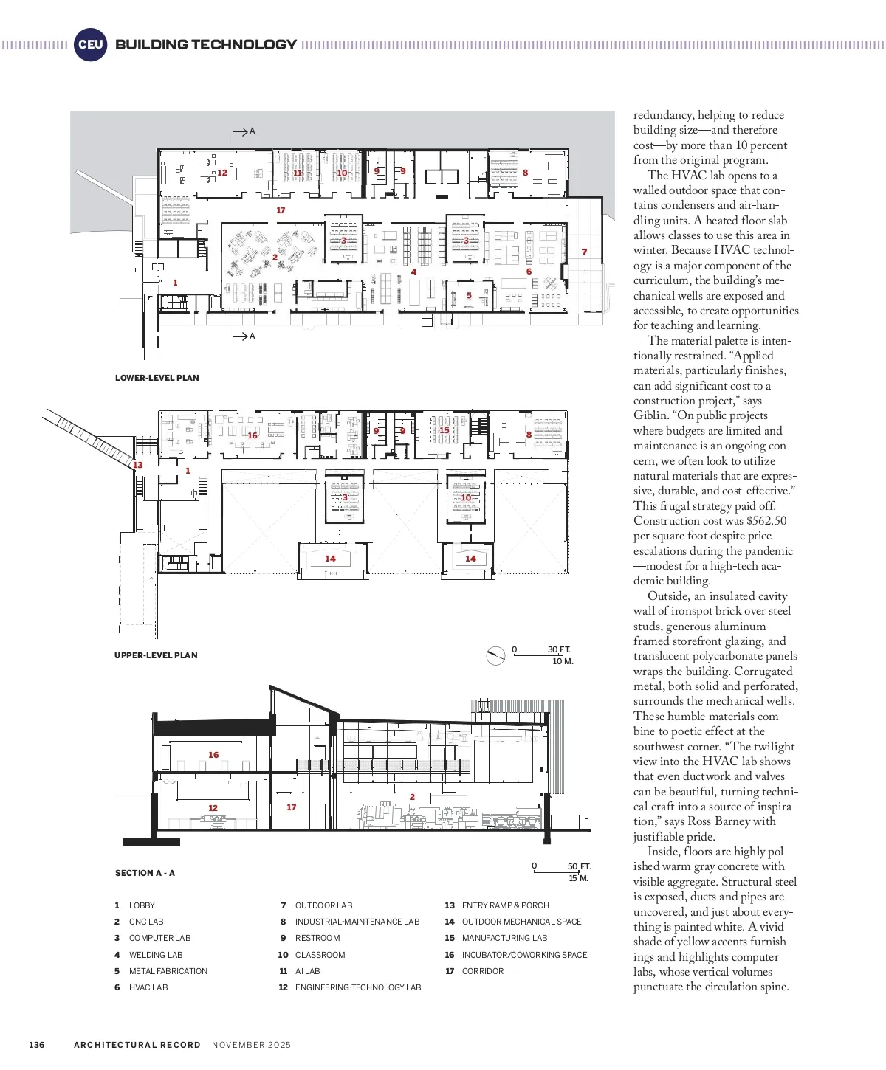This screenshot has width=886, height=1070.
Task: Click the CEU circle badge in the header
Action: tap(90, 44)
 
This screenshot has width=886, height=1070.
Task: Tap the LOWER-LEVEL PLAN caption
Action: tap(157, 378)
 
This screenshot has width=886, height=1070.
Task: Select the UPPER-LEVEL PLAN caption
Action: tap(156, 655)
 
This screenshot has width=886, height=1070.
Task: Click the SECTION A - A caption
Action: tap(145, 873)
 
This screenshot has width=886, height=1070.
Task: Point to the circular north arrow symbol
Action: tap(495, 655)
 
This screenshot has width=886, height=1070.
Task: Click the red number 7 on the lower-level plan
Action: tap(584, 252)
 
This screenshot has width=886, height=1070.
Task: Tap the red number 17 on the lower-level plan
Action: tap(281, 210)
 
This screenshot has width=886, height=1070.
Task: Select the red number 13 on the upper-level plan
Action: tap(138, 465)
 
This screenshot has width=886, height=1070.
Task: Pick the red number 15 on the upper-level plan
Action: tap(444, 430)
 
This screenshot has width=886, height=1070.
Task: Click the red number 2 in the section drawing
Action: tap(412, 797)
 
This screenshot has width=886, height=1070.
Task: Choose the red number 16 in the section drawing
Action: tap(213, 755)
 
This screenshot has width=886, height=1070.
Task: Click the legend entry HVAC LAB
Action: tap(148, 987)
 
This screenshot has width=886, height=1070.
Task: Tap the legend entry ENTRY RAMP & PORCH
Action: tap(506, 905)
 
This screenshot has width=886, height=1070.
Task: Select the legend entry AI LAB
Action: tap(308, 971)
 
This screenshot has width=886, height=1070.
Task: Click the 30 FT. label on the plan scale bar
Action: tap(559, 649)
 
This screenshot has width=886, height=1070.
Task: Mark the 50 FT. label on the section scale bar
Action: tap(580, 866)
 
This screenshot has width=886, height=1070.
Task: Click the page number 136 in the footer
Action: tap(37, 1045)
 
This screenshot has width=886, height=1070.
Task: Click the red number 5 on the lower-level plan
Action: tap(469, 296)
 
